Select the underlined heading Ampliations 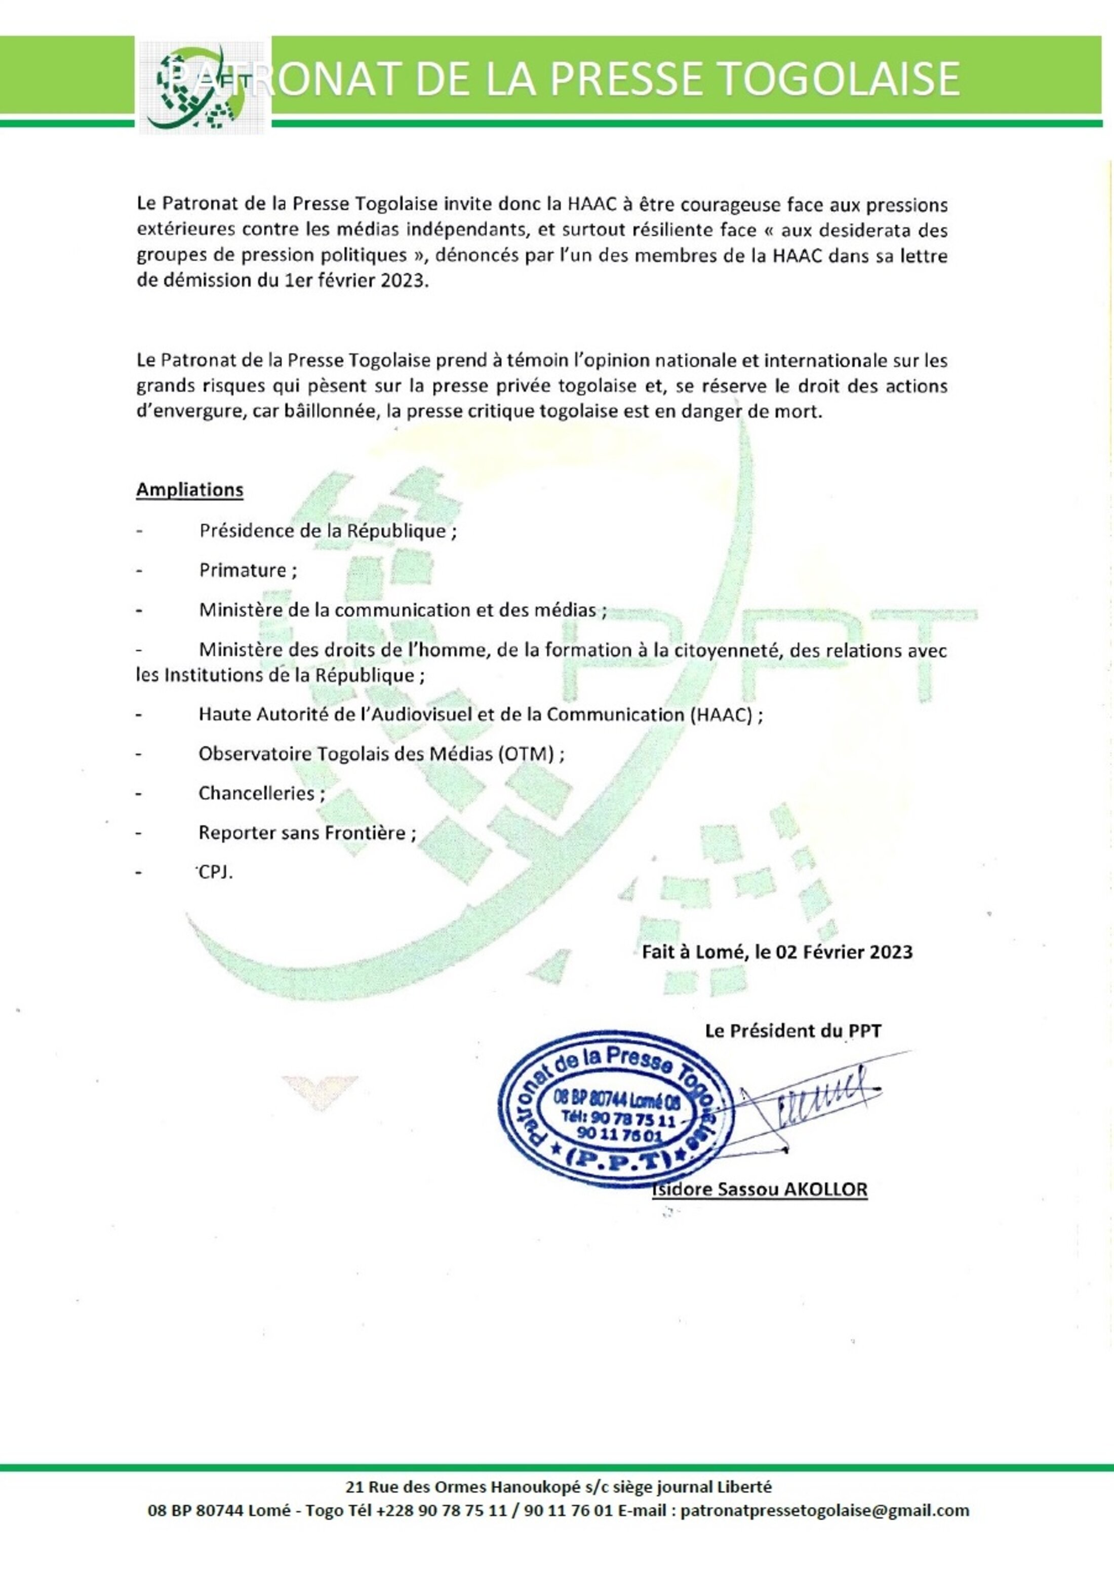tap(190, 490)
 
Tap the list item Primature tap(248, 570)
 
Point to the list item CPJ tap(215, 872)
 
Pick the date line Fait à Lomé tap(777, 952)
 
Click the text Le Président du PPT tap(792, 1031)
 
